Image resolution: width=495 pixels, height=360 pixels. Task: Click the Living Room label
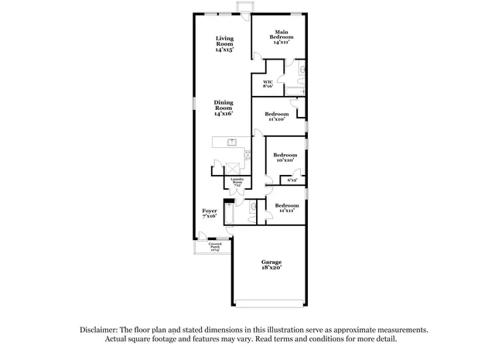pyautogui.click(x=224, y=43)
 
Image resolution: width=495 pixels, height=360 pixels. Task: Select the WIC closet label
pyautogui.click(x=268, y=84)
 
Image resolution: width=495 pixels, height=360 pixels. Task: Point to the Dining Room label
pyautogui.click(x=224, y=108)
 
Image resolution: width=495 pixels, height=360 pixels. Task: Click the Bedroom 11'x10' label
pyautogui.click(x=277, y=117)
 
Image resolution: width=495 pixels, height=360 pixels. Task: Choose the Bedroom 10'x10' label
pyautogui.click(x=285, y=158)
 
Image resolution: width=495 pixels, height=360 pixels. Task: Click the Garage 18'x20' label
pyautogui.click(x=270, y=265)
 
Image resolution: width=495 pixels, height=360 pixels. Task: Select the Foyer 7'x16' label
pyautogui.click(x=210, y=213)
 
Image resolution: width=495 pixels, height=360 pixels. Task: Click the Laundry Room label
pyautogui.click(x=237, y=183)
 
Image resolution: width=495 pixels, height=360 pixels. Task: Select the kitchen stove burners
pyautogui.click(x=247, y=154)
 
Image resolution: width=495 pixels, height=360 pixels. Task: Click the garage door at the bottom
pyautogui.click(x=270, y=301)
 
